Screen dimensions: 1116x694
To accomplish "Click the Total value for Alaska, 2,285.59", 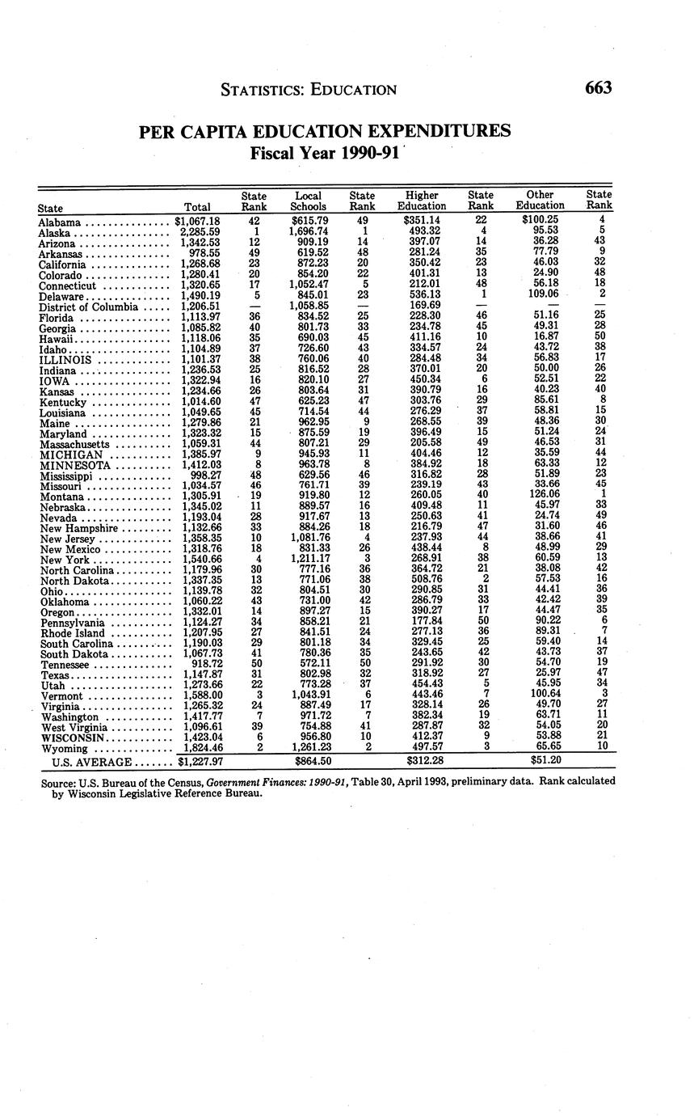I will pos(197,232).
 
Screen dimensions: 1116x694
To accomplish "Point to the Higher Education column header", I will pos(422,201).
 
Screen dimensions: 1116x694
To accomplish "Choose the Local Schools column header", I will pos(308,201).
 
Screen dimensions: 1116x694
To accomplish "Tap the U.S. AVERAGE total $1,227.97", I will pos(199,762).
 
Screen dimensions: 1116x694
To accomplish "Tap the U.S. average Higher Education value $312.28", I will pos(422,762).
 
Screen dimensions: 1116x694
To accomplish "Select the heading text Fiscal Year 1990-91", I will pos(325,154).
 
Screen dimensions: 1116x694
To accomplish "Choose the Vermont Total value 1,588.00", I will pos(198,695).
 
